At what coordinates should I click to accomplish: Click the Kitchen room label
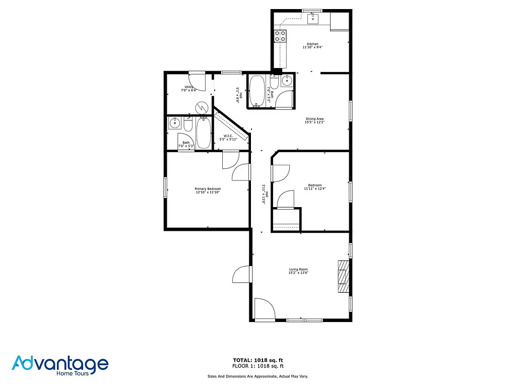[312, 44]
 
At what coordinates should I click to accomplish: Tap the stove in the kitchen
[280, 36]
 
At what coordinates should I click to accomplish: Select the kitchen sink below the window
[312, 19]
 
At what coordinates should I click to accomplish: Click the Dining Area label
[314, 119]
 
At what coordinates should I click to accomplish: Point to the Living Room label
[298, 270]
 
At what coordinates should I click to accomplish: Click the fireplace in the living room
[343, 276]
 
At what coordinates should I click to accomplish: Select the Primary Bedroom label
[208, 189]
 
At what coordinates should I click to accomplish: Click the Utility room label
[189, 87]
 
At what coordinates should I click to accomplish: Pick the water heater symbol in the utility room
[202, 107]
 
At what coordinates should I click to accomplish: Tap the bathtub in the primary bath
[204, 133]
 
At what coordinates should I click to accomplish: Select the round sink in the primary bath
[175, 123]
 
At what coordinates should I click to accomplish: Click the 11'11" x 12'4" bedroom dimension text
[315, 188]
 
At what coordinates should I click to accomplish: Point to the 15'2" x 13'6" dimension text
[298, 273]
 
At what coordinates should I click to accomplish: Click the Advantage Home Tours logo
[60, 365]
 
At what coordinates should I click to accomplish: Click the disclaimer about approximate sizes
[257, 376]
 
